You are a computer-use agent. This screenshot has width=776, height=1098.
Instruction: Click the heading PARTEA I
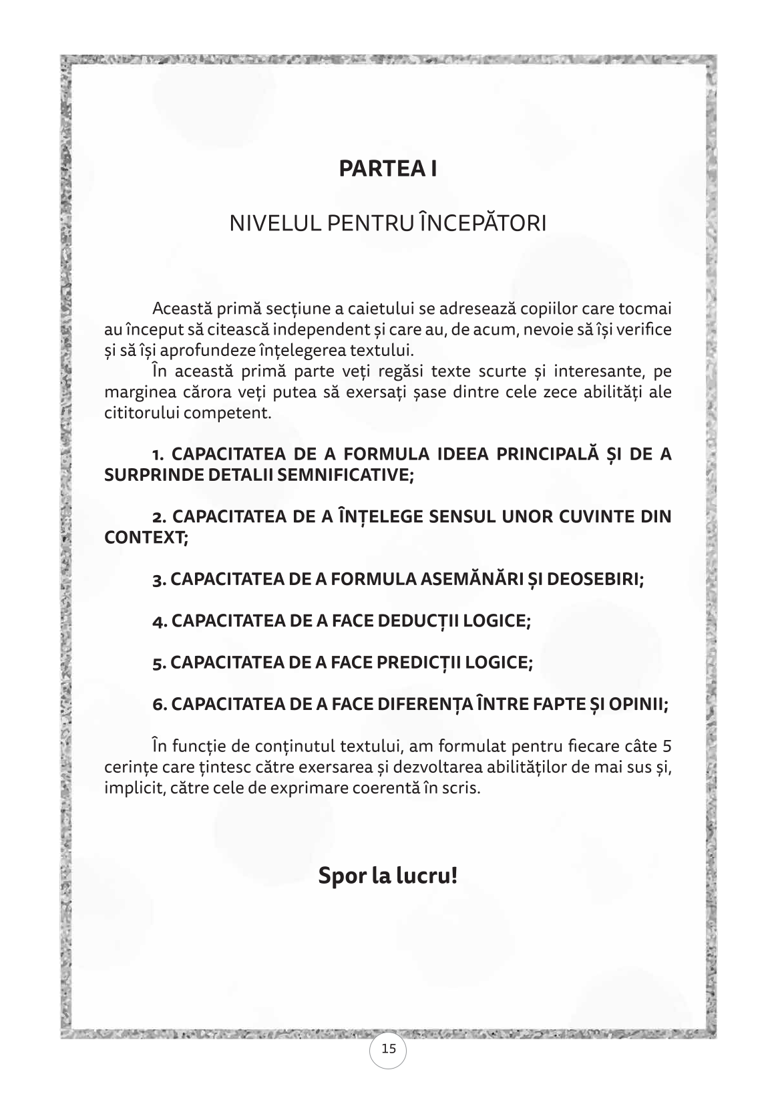click(x=387, y=168)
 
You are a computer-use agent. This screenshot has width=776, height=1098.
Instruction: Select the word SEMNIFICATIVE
click(x=334, y=475)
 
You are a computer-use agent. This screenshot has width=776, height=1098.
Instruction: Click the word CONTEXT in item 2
click(x=146, y=537)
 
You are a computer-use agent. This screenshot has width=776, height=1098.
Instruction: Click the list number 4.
click(x=159, y=622)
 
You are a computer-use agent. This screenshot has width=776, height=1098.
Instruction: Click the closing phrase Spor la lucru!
click(x=387, y=875)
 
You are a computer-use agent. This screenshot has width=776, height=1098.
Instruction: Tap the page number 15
click(x=388, y=1049)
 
